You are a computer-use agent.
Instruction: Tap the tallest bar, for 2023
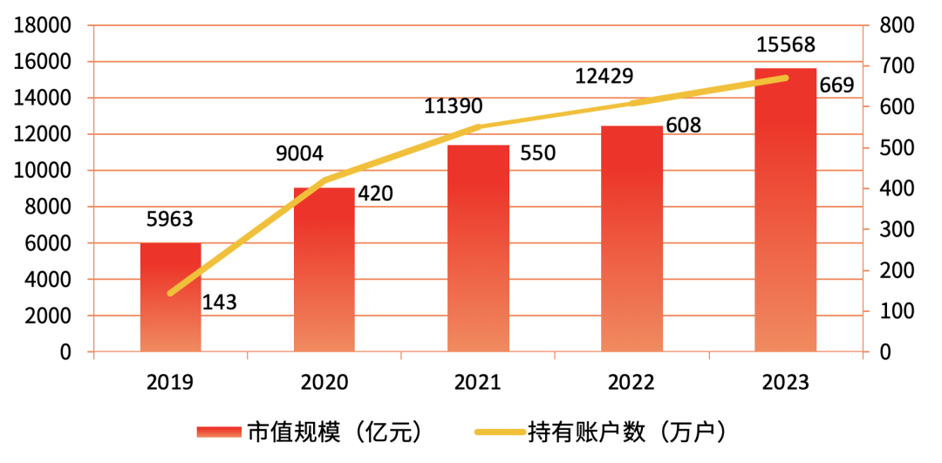tap(785, 209)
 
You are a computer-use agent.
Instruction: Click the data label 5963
tap(171, 219)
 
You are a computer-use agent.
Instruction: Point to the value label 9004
tap(300, 154)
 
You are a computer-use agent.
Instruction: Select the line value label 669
tap(836, 85)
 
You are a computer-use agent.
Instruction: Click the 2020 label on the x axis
tap(324, 382)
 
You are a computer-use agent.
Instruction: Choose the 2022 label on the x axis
tap(631, 382)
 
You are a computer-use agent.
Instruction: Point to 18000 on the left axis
tap(41, 26)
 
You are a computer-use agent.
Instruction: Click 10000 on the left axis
tap(41, 171)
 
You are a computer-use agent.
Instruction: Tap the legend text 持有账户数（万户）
tap(626, 432)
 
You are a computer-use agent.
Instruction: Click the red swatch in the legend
tap(218, 432)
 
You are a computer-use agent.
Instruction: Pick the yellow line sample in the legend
tap(499, 432)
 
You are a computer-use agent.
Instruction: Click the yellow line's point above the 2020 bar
tap(324, 180)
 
